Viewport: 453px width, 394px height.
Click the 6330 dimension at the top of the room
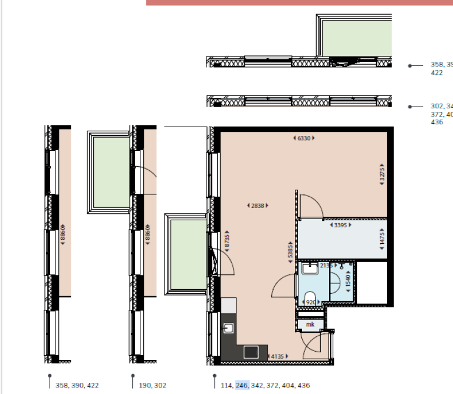(304, 138)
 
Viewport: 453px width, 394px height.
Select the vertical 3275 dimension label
(382, 175)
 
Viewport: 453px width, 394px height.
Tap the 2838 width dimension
(257, 206)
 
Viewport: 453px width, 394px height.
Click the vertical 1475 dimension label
(382, 239)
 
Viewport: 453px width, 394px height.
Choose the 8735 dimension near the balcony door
(226, 243)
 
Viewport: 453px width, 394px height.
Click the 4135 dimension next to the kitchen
(278, 356)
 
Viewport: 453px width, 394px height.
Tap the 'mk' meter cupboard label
(310, 325)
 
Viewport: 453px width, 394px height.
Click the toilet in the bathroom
(310, 297)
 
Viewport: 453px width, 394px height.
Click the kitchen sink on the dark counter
(229, 328)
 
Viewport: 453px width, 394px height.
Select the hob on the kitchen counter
(251, 352)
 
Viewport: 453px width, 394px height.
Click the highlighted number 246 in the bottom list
(242, 385)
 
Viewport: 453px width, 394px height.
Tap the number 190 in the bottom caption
(145, 385)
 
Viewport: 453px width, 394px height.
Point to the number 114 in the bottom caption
(226, 385)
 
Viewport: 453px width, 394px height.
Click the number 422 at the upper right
(437, 73)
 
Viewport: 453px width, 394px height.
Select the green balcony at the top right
(357, 38)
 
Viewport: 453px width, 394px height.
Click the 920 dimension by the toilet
(310, 303)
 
